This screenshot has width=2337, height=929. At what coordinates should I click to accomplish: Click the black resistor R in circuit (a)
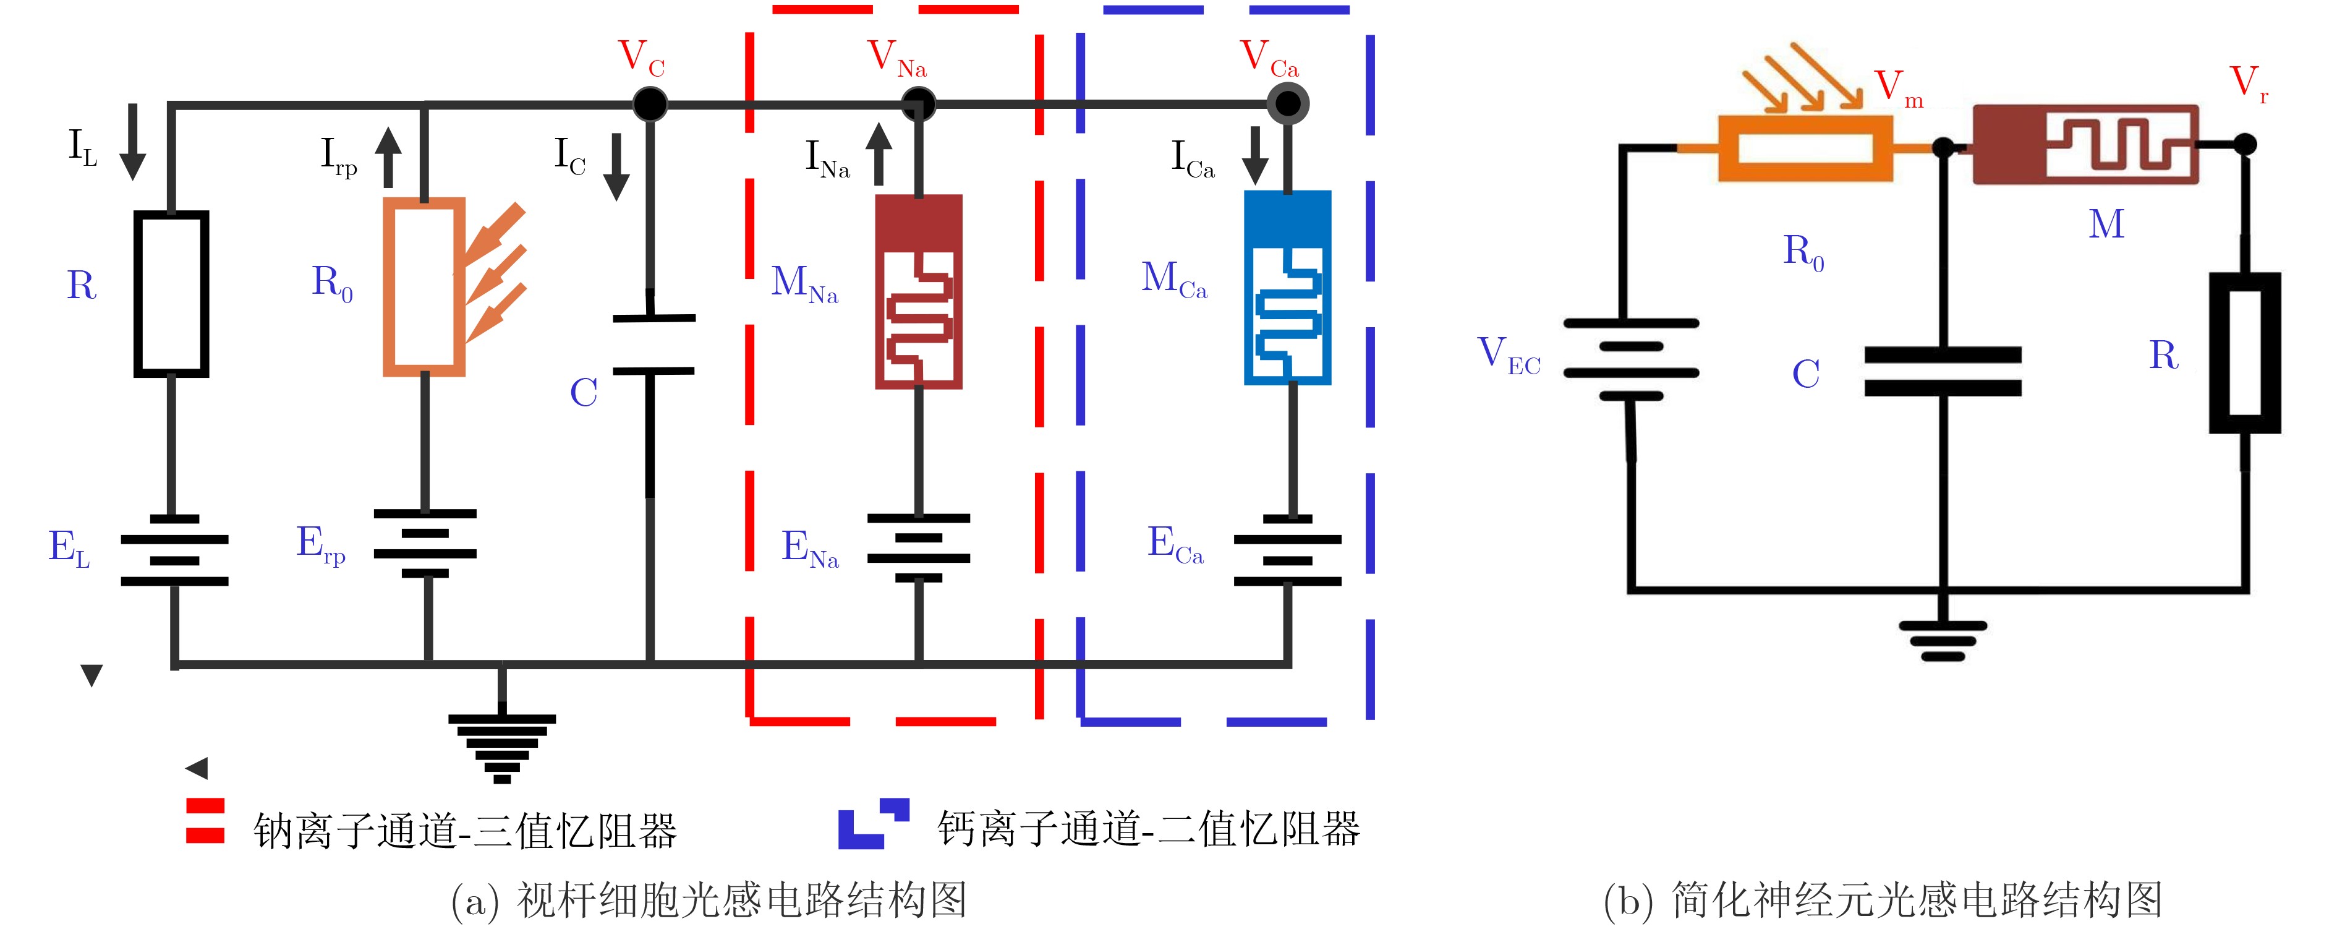171,294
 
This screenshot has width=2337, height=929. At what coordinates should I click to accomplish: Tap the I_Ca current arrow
1256,155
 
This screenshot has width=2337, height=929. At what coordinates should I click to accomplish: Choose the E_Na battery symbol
918,547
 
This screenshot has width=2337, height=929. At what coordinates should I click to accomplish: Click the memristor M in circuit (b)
2085,145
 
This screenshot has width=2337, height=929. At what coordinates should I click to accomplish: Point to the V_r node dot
2244,143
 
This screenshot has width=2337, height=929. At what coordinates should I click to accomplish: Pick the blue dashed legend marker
873,823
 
